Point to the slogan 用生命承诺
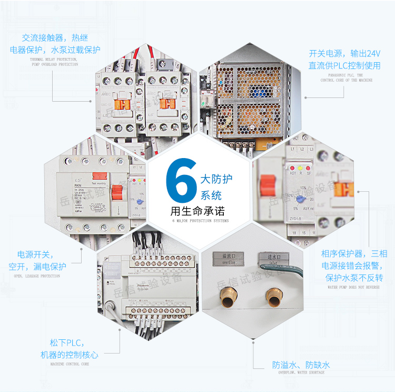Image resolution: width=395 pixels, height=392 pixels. point(197,211)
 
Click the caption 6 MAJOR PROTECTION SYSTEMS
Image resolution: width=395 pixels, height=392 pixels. point(197,221)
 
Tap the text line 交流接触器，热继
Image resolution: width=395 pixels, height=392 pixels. point(55,38)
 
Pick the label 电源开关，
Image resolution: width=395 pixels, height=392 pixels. point(36,254)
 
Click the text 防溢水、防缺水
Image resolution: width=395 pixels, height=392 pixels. point(301,365)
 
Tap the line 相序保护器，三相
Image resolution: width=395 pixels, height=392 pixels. point(354,254)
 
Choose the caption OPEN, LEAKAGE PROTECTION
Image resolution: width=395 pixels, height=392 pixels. point(37,276)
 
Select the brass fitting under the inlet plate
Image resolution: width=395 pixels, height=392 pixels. point(274,299)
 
